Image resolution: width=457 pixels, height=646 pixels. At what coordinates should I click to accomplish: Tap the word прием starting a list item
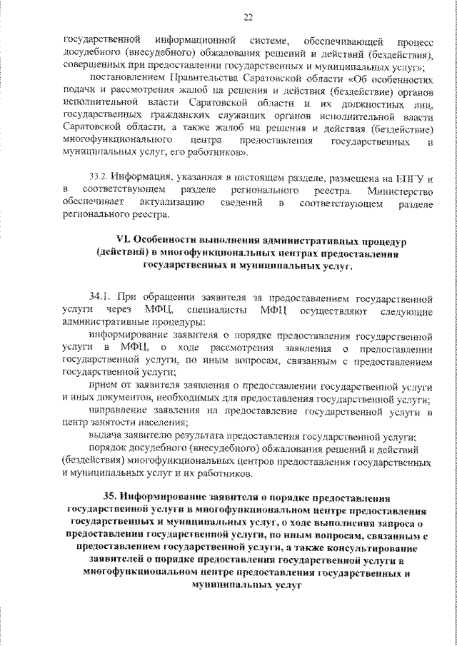click(101, 385)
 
